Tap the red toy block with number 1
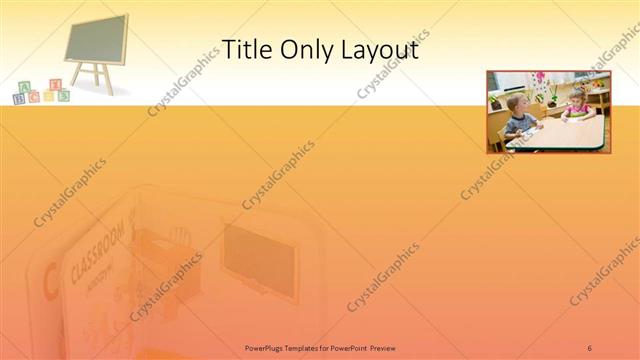(56, 85)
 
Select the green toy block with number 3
(63, 96)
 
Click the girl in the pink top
(577, 104)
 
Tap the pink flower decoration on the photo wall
(540, 77)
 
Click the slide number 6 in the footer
(590, 347)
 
